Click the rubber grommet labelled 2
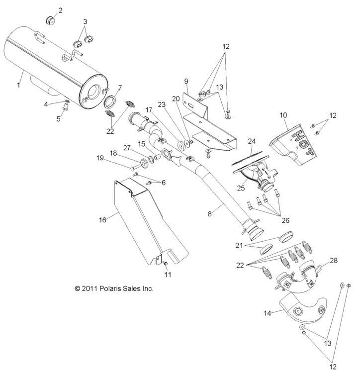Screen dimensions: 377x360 pyautogui.click(x=51, y=20)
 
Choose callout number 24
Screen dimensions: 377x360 pyautogui.click(x=252, y=141)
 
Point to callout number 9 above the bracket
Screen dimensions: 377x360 pyautogui.click(x=186, y=81)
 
